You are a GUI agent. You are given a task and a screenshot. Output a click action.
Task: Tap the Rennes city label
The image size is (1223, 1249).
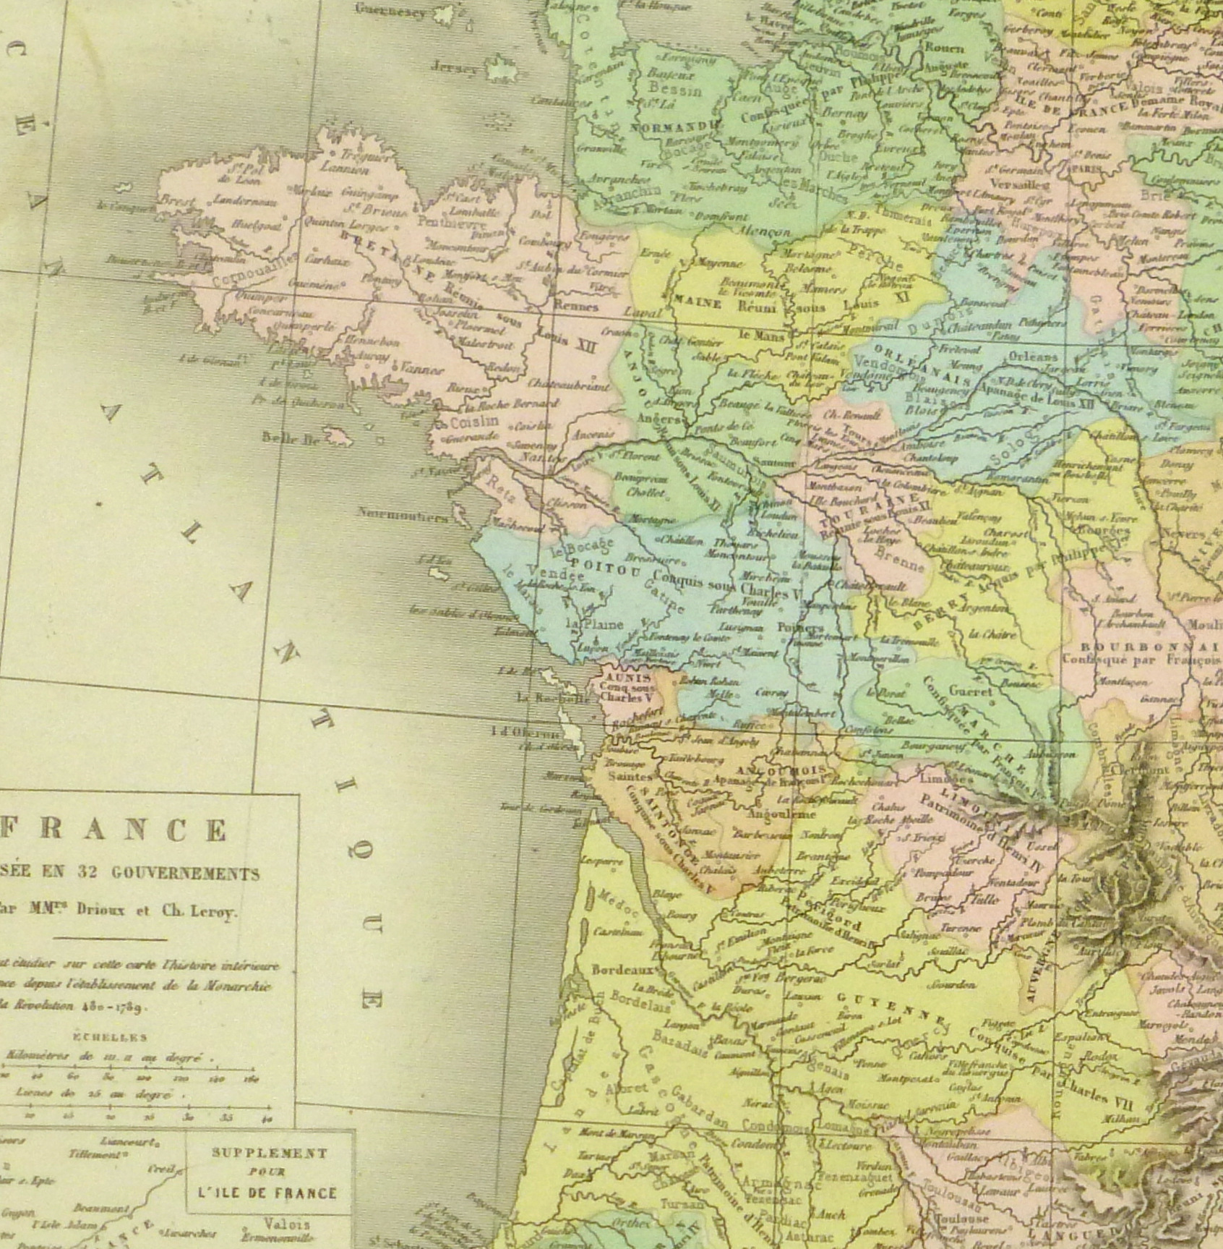[575, 306]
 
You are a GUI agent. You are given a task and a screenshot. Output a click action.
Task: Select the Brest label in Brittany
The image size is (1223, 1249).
[176, 200]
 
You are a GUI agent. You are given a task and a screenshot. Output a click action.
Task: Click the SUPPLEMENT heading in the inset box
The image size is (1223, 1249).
[269, 1154]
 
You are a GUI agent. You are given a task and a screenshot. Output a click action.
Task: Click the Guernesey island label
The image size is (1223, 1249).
[390, 10]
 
